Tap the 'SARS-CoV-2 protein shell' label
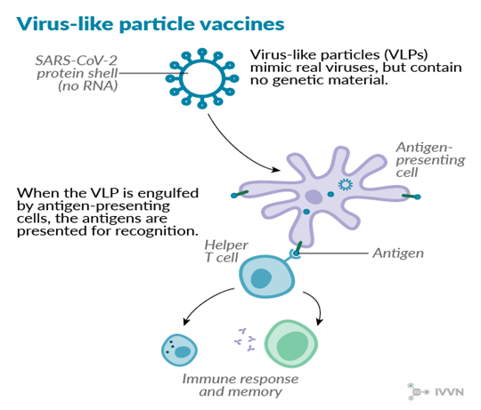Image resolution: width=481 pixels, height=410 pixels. coord(77,67)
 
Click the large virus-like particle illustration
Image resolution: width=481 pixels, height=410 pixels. coord(202,78)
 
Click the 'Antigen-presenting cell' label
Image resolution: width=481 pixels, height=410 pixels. coord(430,159)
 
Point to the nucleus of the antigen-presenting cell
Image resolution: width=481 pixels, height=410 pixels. coord(314,197)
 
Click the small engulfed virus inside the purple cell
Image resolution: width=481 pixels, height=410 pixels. coord(346,184)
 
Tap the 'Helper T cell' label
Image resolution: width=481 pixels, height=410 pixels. coord(226,251)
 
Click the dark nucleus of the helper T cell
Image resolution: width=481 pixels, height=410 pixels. coord(261,278)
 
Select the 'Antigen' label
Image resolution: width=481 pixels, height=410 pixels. coord(398,253)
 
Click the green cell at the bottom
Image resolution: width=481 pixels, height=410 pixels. coord(290,343)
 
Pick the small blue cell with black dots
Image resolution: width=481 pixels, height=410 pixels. coord(179,350)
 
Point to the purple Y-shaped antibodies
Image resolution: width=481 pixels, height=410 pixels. coord(245,340)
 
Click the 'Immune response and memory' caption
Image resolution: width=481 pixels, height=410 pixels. coord(240,385)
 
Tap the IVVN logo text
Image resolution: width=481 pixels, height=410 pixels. coord(449,392)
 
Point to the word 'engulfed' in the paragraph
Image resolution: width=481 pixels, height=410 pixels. coord(168,194)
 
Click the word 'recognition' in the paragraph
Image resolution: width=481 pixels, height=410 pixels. coord(157,231)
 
